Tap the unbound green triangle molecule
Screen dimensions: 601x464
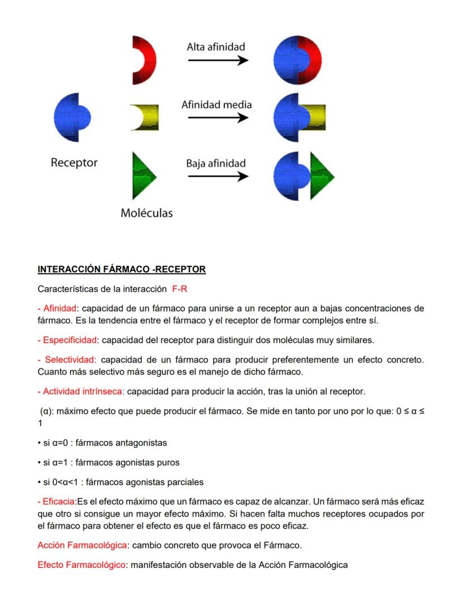coord(142,176)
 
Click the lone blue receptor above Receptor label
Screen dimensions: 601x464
coord(71,117)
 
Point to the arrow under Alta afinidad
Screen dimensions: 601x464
coord(217,60)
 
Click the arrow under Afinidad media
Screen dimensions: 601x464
coord(217,118)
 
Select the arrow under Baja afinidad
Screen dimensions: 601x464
coord(217,176)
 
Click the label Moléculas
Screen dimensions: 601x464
coord(147,213)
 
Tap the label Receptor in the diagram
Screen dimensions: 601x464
coord(74,163)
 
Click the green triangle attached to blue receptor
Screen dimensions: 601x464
coord(322,176)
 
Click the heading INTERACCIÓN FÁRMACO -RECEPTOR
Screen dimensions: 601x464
coord(122,269)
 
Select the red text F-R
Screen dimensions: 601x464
coord(180,289)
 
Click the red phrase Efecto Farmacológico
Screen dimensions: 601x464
coord(81,565)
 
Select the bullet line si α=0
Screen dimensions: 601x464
coord(102,443)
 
